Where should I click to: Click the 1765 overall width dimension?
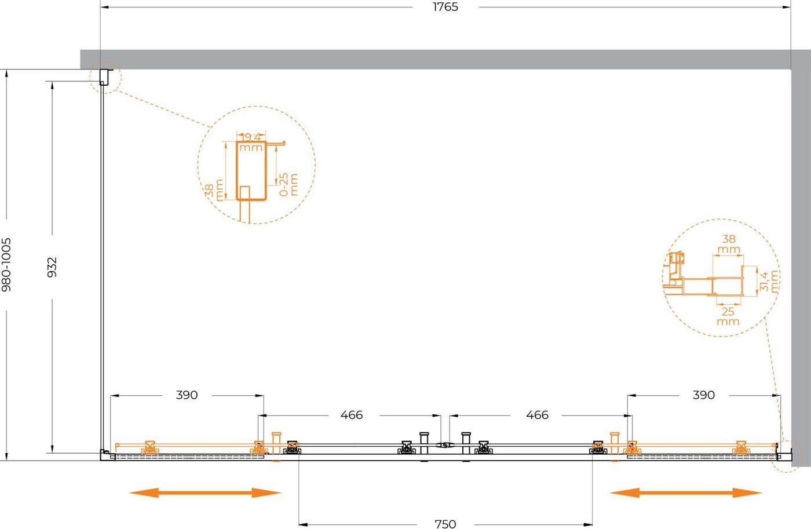[445, 7]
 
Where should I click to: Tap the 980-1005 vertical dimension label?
[6, 265]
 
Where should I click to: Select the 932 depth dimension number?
[52, 267]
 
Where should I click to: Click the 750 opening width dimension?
[445, 524]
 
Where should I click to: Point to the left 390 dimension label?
[187, 395]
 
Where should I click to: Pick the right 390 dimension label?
[704, 395]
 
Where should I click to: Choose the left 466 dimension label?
[352, 415]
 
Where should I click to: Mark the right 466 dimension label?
[538, 415]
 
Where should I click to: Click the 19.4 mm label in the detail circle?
[251, 143]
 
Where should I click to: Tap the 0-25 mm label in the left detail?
[288, 184]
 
